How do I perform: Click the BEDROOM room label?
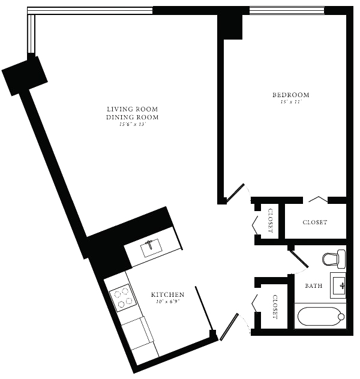point(291,95)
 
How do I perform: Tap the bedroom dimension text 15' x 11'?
point(291,103)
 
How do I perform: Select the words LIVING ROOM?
point(133,109)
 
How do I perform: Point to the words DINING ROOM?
point(133,117)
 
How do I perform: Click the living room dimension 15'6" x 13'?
point(133,125)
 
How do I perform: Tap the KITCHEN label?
point(167,295)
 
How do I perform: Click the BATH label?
point(314,286)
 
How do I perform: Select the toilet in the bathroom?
point(334,259)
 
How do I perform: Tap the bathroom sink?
point(339,285)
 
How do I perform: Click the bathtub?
point(321,316)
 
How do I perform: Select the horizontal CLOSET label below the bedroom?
point(314,222)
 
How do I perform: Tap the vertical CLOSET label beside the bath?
point(275,306)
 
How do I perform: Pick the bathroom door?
point(299,258)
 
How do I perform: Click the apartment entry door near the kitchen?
point(230,326)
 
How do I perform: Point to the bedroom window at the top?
point(286,10)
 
